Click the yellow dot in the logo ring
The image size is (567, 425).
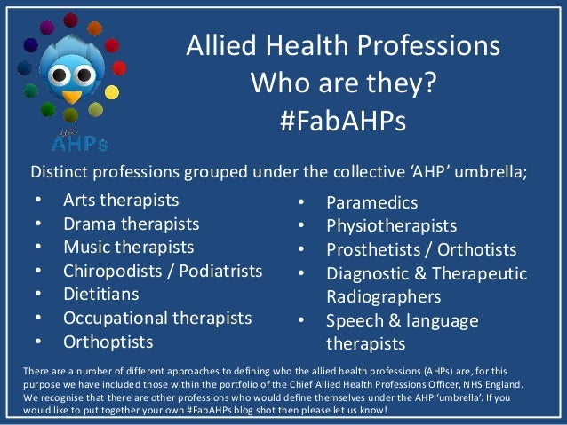(112, 91)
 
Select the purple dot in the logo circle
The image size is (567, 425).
(33, 43)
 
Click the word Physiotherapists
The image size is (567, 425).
(392, 227)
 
